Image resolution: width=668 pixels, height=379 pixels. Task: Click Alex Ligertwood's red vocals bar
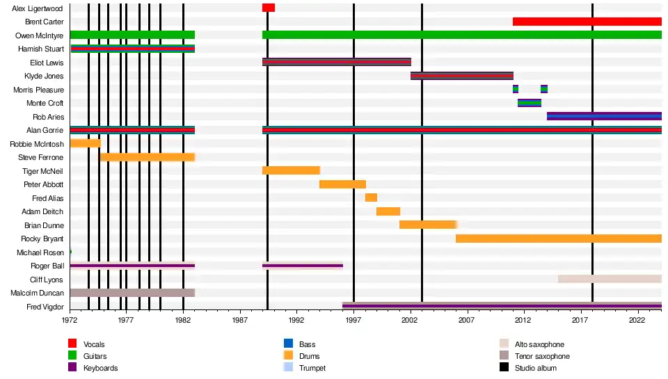point(268,8)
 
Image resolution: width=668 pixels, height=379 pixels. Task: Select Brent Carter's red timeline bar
point(587,22)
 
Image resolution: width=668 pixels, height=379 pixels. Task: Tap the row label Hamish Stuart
point(41,49)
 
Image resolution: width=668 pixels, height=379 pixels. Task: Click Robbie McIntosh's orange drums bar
point(85,143)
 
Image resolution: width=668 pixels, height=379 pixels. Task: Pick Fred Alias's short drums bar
point(371,197)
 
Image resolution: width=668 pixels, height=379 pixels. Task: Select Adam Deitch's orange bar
point(388,211)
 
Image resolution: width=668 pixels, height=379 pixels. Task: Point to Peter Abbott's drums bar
point(342,184)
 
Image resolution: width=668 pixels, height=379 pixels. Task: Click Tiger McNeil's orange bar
point(291,170)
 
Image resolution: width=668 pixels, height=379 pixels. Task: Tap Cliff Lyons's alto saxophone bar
point(609,279)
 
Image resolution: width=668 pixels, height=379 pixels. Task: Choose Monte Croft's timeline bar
point(529,103)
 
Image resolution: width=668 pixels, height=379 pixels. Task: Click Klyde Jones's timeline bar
point(461,76)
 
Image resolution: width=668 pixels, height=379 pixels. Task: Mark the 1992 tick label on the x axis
point(297,320)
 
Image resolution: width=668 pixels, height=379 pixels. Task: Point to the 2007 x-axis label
point(467,320)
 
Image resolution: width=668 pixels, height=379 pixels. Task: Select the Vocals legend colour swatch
point(72,344)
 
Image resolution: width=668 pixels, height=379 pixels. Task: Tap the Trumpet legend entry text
point(312,368)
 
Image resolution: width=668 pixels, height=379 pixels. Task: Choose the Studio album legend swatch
point(504,368)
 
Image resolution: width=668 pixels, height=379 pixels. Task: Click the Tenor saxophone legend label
point(541,356)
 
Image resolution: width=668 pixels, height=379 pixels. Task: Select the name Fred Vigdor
point(45,307)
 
